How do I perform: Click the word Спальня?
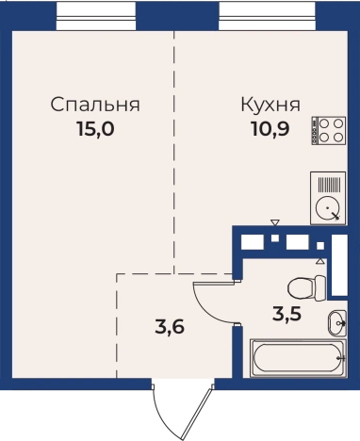click(x=96, y=105)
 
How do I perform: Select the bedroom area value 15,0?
click(x=95, y=129)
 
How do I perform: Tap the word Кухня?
click(x=270, y=105)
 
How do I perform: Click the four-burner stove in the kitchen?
click(x=329, y=130)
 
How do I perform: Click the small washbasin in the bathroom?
click(x=336, y=323)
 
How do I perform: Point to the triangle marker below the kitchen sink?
click(x=274, y=223)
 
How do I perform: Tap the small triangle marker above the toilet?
click(x=320, y=261)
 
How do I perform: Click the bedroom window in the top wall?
click(x=96, y=14)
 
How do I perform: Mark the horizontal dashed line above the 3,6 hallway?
click(x=174, y=274)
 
